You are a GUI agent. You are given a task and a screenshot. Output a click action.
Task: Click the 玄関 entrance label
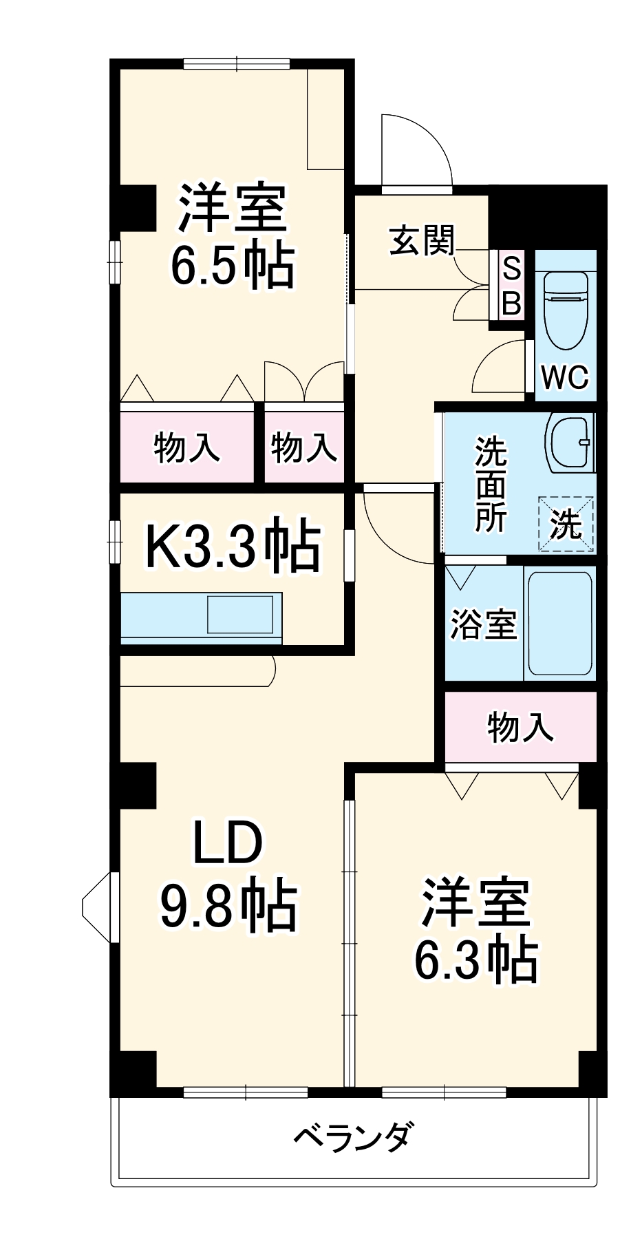[x=423, y=241]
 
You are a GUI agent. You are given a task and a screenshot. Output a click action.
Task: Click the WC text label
[x=565, y=377]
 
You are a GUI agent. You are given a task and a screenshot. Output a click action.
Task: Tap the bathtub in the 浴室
[x=559, y=624]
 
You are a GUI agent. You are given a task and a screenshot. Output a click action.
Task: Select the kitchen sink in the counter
[x=240, y=614]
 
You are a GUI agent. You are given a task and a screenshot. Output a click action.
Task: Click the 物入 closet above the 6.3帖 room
[x=520, y=727]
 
